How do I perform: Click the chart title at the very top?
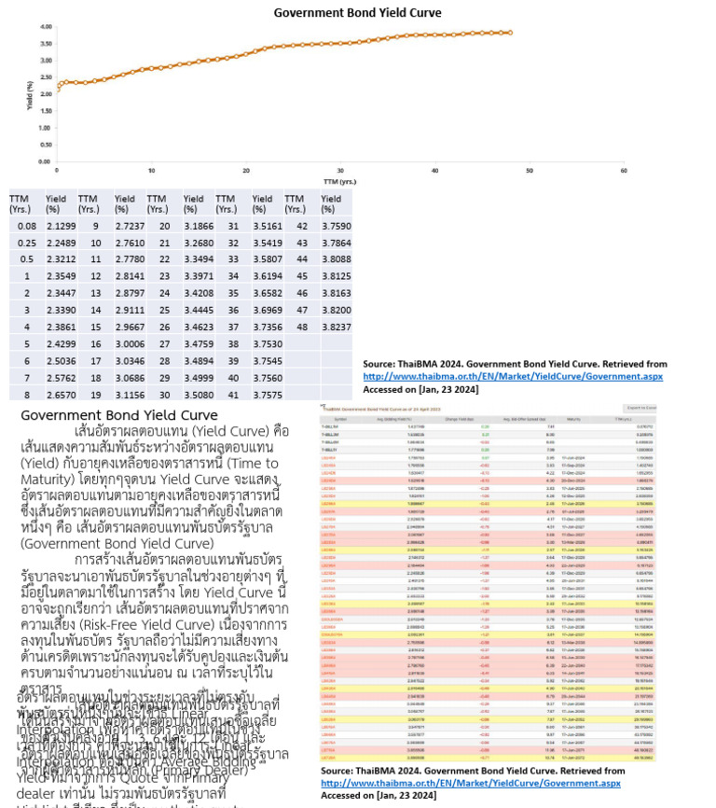click(x=357, y=12)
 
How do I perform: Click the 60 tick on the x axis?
click(x=623, y=170)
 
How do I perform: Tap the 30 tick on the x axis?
click(x=339, y=170)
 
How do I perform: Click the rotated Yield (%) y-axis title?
click(x=30, y=95)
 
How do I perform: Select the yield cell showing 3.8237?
click(x=336, y=327)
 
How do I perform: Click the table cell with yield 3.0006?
click(x=129, y=343)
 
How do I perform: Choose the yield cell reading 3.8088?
click(x=336, y=258)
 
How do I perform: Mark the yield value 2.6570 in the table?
click(x=61, y=394)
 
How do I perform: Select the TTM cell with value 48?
click(x=301, y=327)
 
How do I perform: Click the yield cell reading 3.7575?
click(x=267, y=394)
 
